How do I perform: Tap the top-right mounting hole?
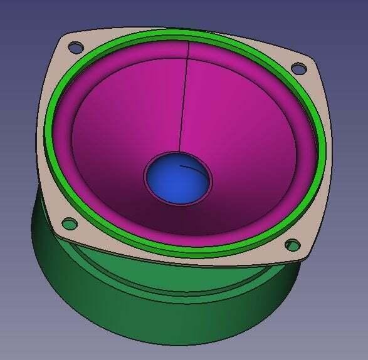coord(299,68)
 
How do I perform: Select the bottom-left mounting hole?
coord(70,222)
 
